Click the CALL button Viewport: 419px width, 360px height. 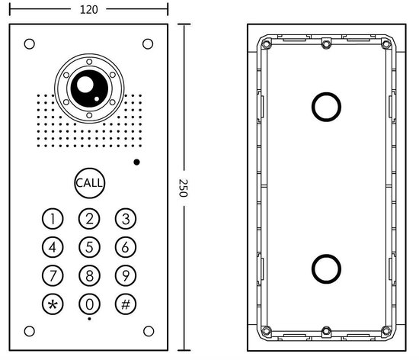pyautogui.click(x=90, y=183)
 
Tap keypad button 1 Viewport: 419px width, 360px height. pyautogui.click(x=53, y=220)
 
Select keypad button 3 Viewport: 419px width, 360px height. pyautogui.click(x=126, y=220)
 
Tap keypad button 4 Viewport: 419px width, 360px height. pyautogui.click(x=53, y=247)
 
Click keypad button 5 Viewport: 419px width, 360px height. pyautogui.click(x=90, y=247)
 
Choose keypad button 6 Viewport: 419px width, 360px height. pyautogui.click(x=126, y=247)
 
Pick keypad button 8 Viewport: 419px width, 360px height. pyautogui.click(x=90, y=275)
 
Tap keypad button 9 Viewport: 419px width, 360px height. pyautogui.click(x=126, y=275)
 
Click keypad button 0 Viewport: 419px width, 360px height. pyautogui.click(x=90, y=304)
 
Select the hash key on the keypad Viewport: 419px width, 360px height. pyautogui.click(x=126, y=304)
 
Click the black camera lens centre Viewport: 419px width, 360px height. pyautogui.click(x=85, y=88)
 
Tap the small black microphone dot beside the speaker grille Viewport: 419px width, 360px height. pyautogui.click(x=136, y=162)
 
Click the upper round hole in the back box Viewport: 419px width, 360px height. pyautogui.click(x=325, y=106)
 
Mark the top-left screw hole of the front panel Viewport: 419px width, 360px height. pyautogui.click(x=30, y=43)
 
